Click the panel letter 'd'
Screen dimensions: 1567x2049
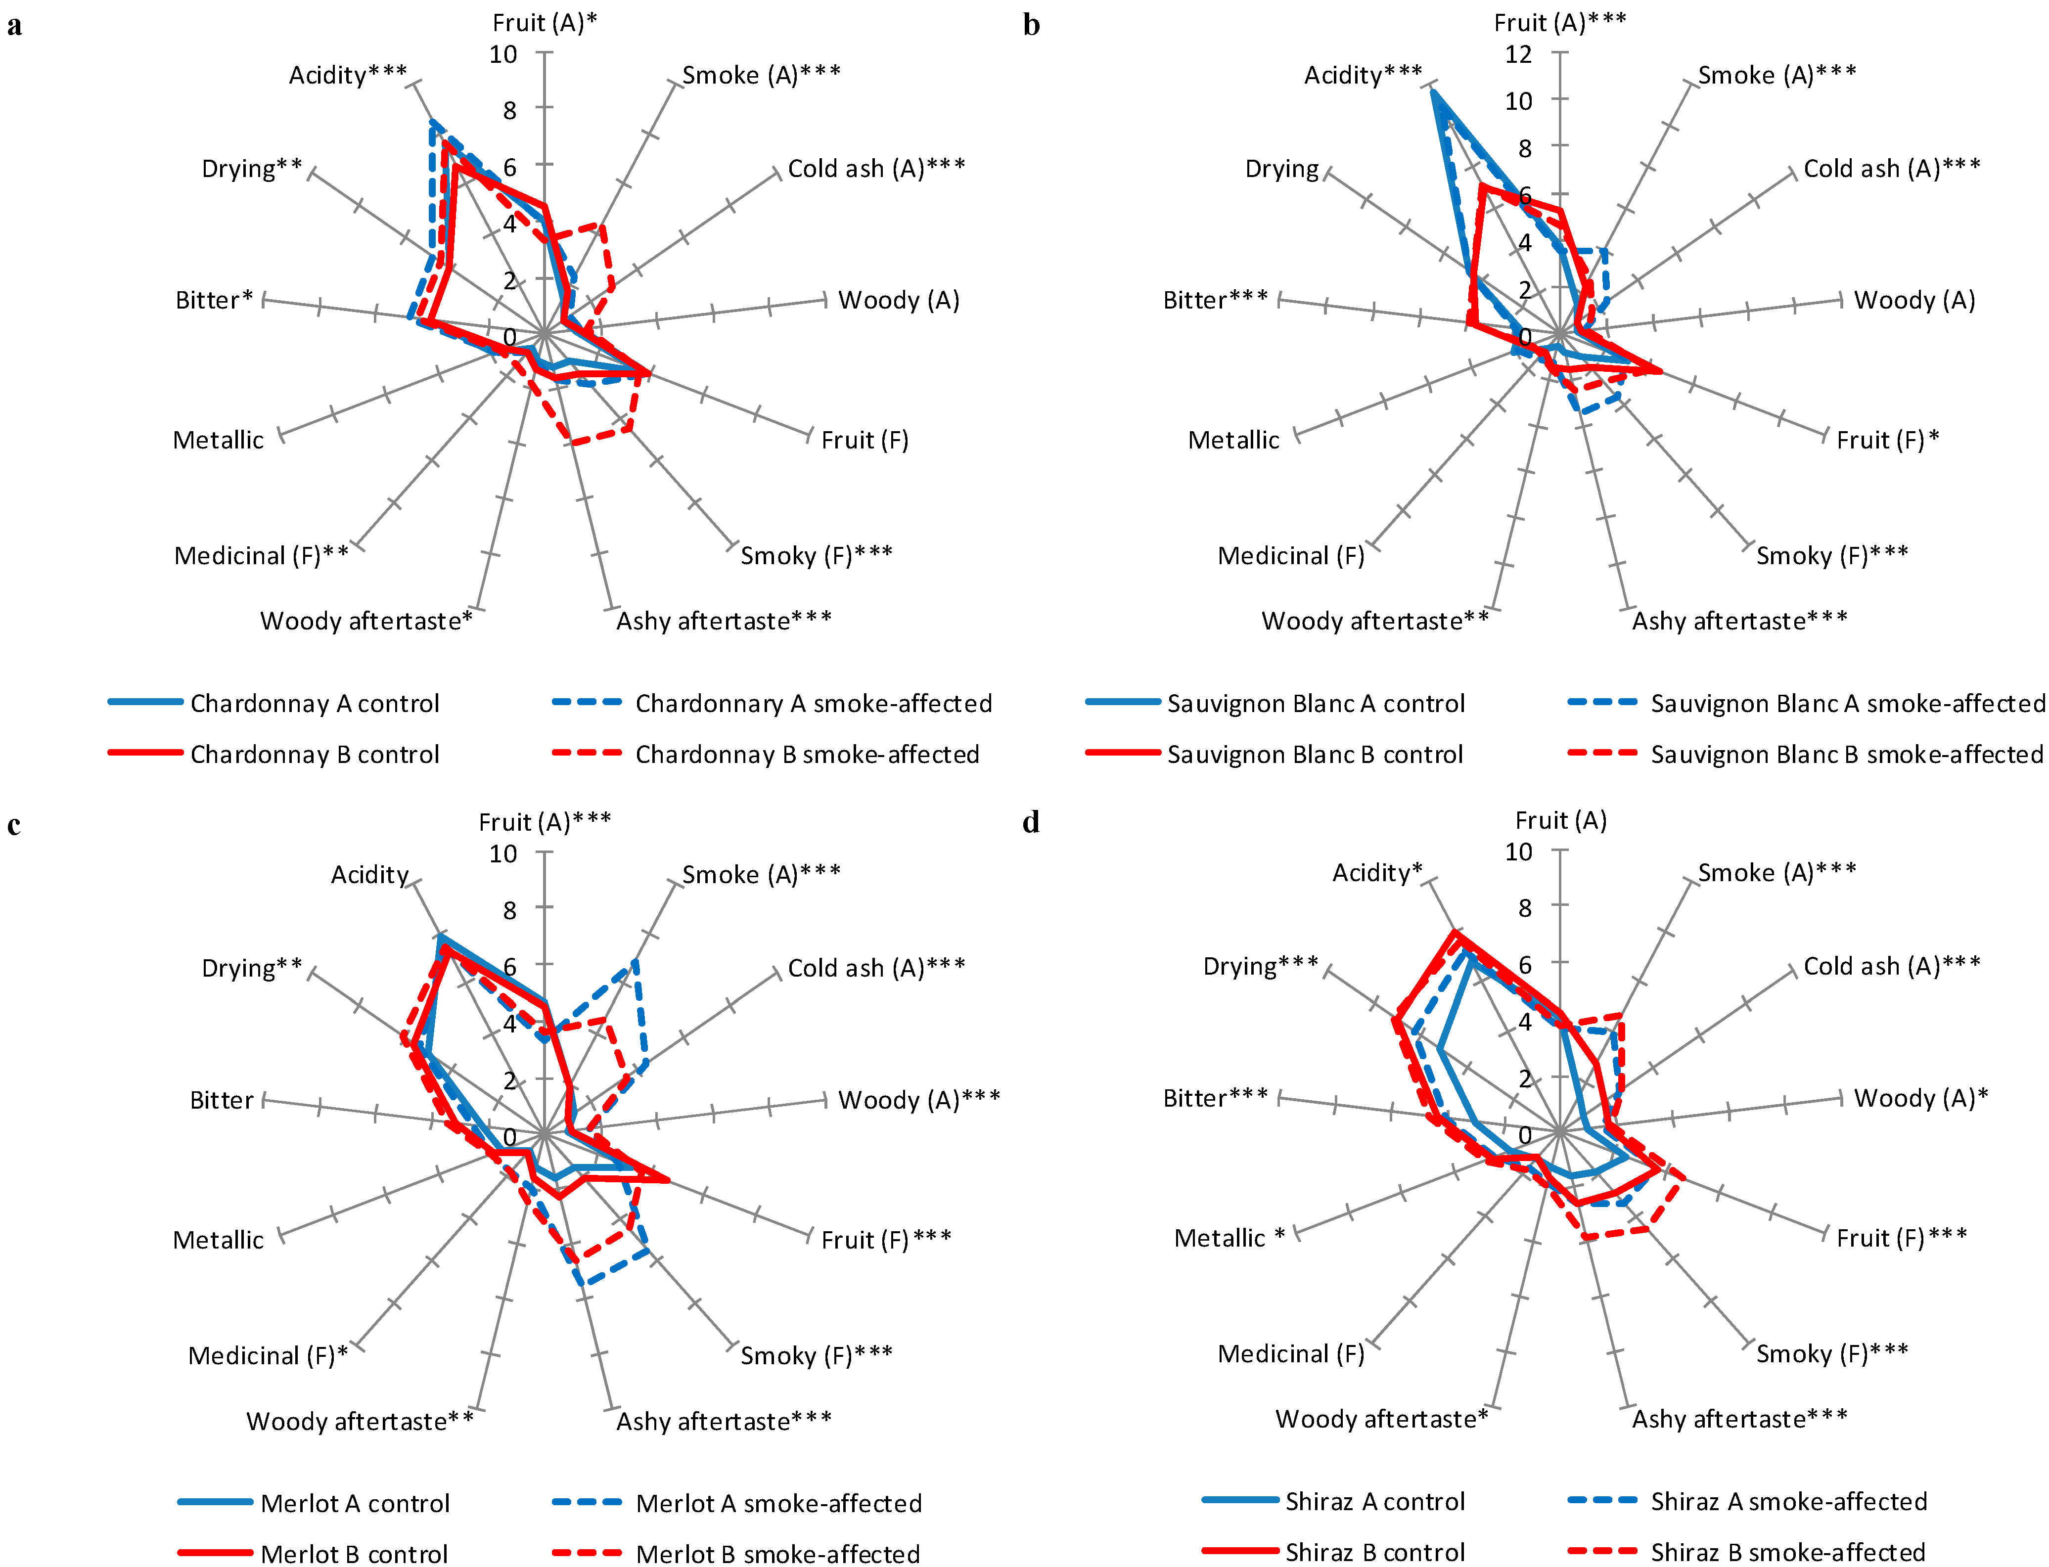[1031, 823]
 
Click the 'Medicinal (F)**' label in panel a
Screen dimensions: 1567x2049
[261, 556]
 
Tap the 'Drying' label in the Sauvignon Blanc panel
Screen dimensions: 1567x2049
[1281, 169]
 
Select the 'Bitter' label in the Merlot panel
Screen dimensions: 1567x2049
[221, 1101]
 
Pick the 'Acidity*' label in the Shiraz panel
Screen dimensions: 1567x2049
[1376, 873]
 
